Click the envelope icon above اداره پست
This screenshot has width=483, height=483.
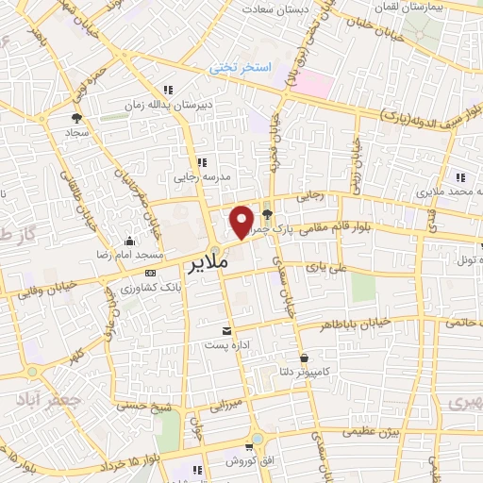coord(226,330)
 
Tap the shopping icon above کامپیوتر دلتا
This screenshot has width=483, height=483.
coord(305,358)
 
